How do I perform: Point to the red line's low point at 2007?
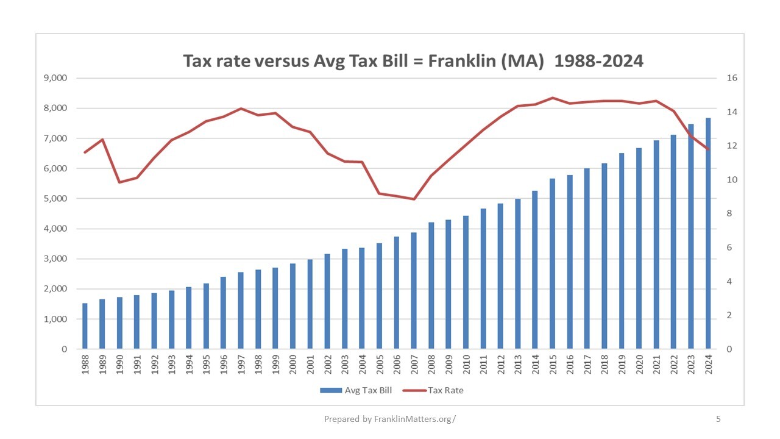(x=414, y=199)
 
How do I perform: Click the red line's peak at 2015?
(x=553, y=98)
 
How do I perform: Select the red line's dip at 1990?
(x=119, y=182)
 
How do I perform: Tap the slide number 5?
(x=718, y=419)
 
